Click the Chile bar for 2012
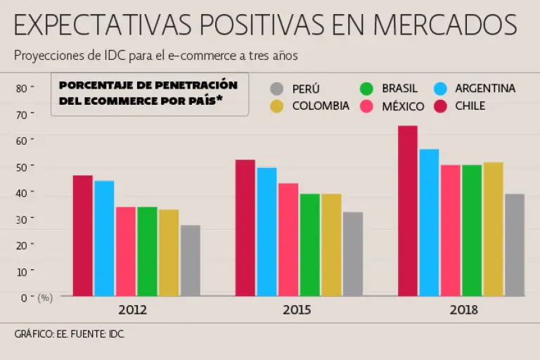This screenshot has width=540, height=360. (82, 236)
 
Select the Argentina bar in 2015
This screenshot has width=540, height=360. (266, 232)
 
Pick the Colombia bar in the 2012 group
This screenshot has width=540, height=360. (169, 253)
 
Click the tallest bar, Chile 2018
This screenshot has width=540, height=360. (408, 211)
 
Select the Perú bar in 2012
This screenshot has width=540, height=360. (190, 261)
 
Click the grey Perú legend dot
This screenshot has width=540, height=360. (277, 89)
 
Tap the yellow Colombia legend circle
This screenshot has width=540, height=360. (277, 106)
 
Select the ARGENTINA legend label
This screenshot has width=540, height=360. (485, 89)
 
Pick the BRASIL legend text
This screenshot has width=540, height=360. (399, 89)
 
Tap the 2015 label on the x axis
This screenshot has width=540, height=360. (298, 309)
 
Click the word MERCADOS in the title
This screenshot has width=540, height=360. (445, 25)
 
